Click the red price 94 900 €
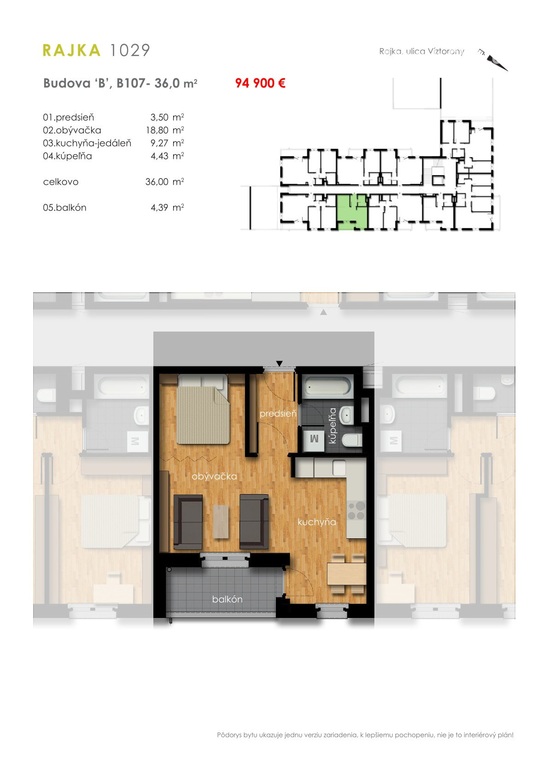coord(260,83)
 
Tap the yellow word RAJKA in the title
coord(72,50)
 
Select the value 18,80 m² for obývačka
coord(165,130)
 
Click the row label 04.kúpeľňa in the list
coord(67,156)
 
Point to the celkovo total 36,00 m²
coord(165,181)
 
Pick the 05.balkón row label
coord(64,208)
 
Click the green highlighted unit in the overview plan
coord(351,212)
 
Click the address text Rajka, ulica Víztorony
coord(421,51)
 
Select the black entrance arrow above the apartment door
coord(279,363)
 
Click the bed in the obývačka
coord(203,409)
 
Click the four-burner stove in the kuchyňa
coord(356,511)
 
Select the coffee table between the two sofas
coord(221,522)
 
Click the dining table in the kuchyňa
coord(347,574)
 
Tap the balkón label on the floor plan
coord(227,599)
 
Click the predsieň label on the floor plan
coord(278,414)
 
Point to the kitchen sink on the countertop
coord(339,468)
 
